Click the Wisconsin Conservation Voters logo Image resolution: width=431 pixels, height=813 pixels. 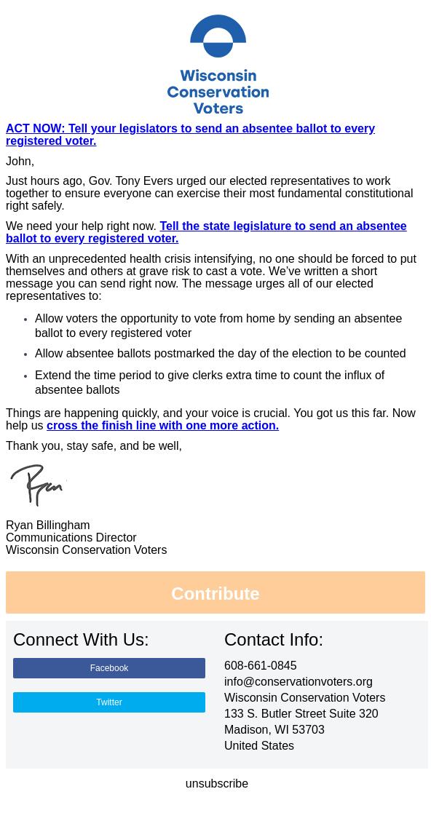218,64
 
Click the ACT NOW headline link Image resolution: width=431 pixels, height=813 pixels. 190,134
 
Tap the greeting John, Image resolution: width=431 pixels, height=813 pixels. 20,161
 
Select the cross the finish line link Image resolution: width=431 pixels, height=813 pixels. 162,425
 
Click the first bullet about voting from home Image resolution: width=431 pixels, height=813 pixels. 218,325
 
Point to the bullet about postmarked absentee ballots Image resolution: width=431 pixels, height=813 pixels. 220,353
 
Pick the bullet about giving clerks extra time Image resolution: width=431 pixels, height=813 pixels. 210,382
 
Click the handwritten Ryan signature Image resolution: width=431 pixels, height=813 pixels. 38,484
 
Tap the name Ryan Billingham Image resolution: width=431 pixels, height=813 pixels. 48,525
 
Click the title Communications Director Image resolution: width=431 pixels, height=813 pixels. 71,537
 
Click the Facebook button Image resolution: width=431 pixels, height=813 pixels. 109,668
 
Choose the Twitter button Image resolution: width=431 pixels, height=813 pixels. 109,702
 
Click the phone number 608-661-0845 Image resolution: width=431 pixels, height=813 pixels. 260,665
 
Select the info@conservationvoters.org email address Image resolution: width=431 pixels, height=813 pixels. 298,681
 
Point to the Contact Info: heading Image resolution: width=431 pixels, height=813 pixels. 273,639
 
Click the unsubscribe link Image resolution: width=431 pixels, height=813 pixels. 216,783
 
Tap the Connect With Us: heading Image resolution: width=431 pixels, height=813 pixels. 81,639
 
